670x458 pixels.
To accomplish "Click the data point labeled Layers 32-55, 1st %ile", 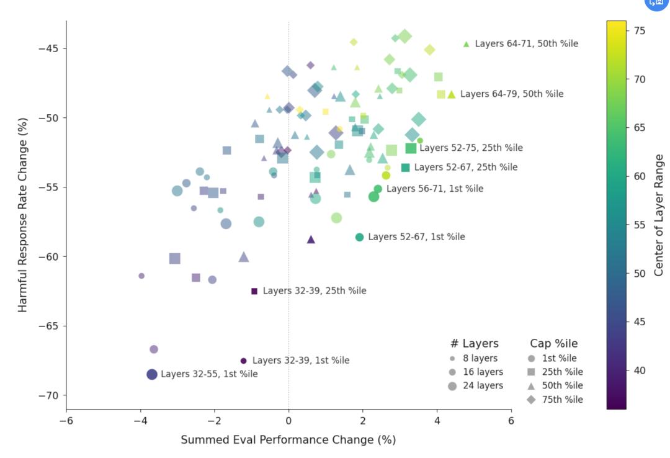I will (x=152, y=374).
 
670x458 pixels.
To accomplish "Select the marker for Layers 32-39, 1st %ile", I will (x=243, y=361).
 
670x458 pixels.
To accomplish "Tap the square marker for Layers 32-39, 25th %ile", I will (x=254, y=291).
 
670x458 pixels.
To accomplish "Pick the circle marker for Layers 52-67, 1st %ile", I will (x=359, y=237).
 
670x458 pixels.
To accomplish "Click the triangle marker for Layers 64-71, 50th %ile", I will (x=467, y=44).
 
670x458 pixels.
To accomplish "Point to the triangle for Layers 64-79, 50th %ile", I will (x=452, y=94).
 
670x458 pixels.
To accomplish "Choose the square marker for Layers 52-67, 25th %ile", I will (x=406, y=168).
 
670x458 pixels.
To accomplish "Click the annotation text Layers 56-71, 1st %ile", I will (x=434, y=189).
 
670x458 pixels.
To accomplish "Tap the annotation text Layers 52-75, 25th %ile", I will (x=471, y=148).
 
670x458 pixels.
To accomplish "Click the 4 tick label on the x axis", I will (x=437, y=421).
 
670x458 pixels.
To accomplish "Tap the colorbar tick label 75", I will (x=639, y=30).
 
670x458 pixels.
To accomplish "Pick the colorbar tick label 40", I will (x=639, y=370).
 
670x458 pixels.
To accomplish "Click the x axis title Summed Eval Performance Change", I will (x=288, y=440).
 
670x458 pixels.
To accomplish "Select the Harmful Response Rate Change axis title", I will (x=23, y=215).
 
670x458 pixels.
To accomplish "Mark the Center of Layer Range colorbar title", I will (x=659, y=215).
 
